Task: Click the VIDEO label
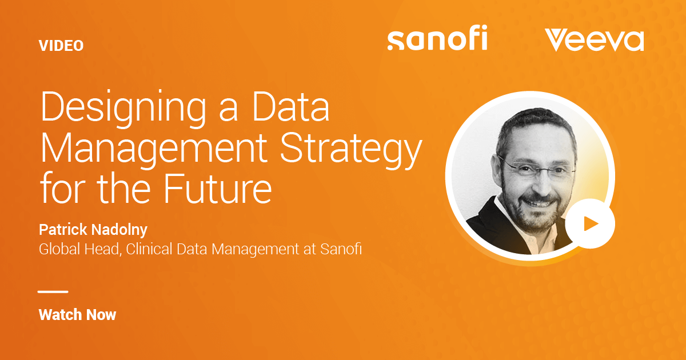[61, 46]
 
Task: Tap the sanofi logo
[437, 38]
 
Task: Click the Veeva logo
[595, 40]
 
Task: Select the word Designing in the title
[123, 109]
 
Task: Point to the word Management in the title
[154, 149]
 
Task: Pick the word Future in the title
[218, 187]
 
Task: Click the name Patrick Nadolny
[93, 230]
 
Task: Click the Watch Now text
[78, 315]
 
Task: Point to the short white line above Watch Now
[53, 292]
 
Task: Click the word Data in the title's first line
[290, 106]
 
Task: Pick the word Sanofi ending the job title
[341, 249]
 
